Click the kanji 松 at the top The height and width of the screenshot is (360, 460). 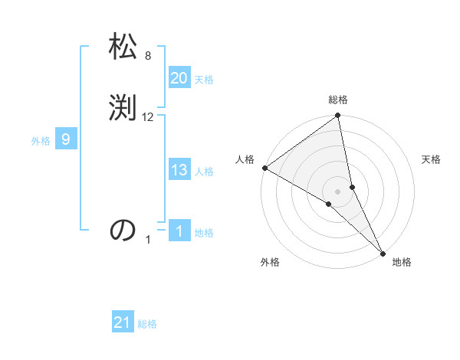[x=123, y=48]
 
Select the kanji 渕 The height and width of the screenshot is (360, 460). [x=123, y=108]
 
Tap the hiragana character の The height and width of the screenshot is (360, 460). [x=123, y=230]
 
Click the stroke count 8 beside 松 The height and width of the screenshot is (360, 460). [x=148, y=56]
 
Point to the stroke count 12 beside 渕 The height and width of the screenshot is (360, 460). [x=148, y=116]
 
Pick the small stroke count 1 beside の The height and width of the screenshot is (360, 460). [x=149, y=240]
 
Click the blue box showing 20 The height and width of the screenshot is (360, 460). [x=179, y=78]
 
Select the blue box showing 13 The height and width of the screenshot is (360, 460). [x=179, y=170]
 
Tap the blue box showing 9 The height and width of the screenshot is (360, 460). [x=66, y=139]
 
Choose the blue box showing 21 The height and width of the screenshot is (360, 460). [x=123, y=322]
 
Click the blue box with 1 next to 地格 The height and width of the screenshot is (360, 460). [x=179, y=231]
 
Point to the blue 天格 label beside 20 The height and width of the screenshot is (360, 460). [x=204, y=80]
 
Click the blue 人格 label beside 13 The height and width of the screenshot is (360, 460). [x=204, y=172]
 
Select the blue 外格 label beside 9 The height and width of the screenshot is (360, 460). [x=41, y=141]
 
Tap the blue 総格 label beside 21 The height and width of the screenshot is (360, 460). [x=147, y=324]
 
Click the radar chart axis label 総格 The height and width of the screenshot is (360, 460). [x=338, y=100]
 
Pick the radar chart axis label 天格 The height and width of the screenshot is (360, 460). [x=431, y=159]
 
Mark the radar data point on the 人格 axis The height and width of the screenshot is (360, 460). [x=264, y=168]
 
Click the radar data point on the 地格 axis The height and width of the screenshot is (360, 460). [x=383, y=252]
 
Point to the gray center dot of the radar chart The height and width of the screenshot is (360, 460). [x=338, y=190]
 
